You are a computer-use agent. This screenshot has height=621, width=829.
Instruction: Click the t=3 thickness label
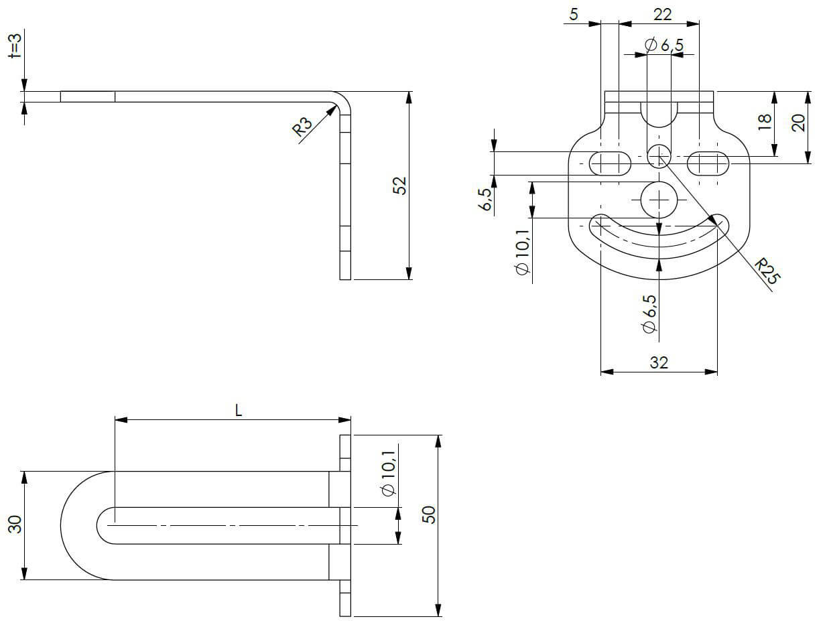(15, 46)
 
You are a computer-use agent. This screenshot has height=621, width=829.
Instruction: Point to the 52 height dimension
(399, 186)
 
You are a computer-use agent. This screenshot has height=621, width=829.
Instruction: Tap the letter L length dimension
(239, 411)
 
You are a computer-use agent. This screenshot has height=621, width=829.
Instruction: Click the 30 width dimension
(15, 525)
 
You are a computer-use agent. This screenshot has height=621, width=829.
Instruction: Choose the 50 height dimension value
(429, 515)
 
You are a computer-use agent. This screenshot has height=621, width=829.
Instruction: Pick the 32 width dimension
(659, 362)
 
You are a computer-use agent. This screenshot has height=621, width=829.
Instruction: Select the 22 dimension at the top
(662, 14)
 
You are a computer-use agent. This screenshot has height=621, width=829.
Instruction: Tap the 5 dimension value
(574, 14)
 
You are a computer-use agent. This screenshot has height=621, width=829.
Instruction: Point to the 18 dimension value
(765, 122)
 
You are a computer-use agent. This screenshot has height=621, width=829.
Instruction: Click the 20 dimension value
(798, 123)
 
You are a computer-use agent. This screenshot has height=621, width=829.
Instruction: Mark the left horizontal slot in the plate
(611, 163)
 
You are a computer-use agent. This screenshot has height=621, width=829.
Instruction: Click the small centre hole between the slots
(659, 156)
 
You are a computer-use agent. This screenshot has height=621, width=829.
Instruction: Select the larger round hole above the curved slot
(659, 200)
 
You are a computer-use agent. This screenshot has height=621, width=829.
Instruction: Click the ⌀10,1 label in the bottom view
(389, 473)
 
